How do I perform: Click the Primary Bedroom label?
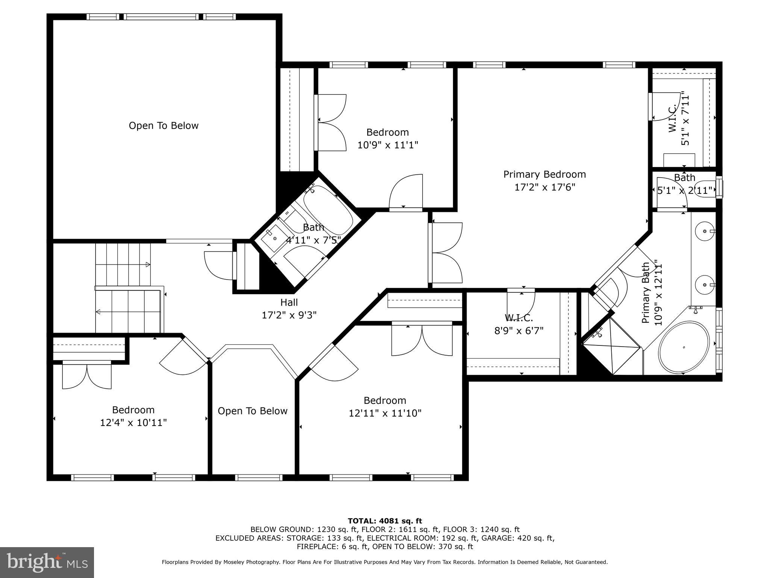pyautogui.click(x=544, y=174)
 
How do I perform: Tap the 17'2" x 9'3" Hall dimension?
pyautogui.click(x=289, y=315)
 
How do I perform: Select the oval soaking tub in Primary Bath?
pyautogui.click(x=683, y=347)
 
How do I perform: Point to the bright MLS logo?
pyautogui.click(x=47, y=563)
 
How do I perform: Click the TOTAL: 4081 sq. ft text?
pyautogui.click(x=385, y=521)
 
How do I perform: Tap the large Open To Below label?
pyautogui.click(x=164, y=126)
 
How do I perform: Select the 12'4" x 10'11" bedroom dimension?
pyautogui.click(x=133, y=423)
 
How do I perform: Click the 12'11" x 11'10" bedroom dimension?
pyautogui.click(x=385, y=413)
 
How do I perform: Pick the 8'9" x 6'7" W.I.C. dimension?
pyautogui.click(x=518, y=331)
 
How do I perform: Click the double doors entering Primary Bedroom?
pyautogui.click(x=446, y=252)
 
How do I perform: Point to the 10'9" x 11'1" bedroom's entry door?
pyautogui.click(x=406, y=192)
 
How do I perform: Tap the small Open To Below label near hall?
pyautogui.click(x=252, y=411)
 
